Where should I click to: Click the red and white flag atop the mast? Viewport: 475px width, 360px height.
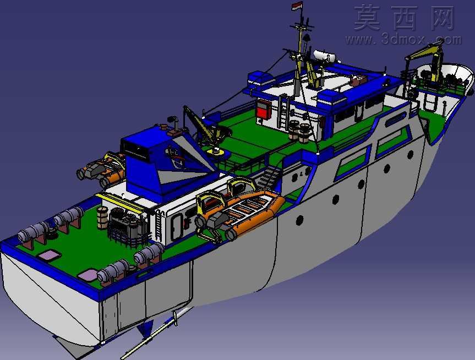coord(297,6)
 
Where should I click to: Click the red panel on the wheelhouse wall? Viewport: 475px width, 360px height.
coord(264,110)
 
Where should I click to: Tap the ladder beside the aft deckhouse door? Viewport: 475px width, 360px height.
coord(159,226)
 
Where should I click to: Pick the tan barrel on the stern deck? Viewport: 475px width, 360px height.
coord(102,217)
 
